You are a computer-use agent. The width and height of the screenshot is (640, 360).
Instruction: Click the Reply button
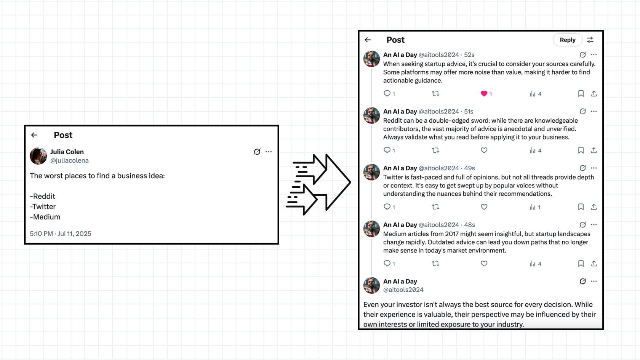point(567,40)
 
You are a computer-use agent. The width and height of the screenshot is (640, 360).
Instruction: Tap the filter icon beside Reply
point(590,40)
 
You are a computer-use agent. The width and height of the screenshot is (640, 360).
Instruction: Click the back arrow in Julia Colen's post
point(34,135)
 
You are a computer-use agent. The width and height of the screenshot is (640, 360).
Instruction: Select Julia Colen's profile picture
point(38,156)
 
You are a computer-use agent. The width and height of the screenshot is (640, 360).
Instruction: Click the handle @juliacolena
point(69,161)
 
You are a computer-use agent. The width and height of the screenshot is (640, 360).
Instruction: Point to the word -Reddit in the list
point(43,197)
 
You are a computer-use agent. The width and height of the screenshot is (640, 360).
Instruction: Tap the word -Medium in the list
point(45,217)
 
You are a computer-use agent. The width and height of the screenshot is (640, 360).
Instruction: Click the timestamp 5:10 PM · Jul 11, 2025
point(61,234)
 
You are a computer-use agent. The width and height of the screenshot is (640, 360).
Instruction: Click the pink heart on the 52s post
point(484,94)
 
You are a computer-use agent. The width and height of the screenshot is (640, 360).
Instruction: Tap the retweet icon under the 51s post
point(435,150)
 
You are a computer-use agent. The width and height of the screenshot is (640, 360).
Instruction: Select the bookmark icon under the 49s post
point(581,207)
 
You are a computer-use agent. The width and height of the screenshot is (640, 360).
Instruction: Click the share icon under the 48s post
point(594,264)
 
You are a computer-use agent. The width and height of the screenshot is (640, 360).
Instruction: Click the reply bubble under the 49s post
point(387,207)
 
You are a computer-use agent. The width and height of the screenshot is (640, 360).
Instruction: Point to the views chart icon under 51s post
point(532,150)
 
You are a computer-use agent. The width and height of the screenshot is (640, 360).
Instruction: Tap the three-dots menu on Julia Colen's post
point(269,152)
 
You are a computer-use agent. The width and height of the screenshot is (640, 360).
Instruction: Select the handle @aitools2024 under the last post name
point(403,290)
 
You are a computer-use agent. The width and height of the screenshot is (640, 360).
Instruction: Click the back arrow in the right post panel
point(368,40)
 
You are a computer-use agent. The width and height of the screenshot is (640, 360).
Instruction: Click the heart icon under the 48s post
point(484,264)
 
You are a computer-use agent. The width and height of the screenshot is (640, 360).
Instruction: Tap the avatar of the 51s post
point(371,115)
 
